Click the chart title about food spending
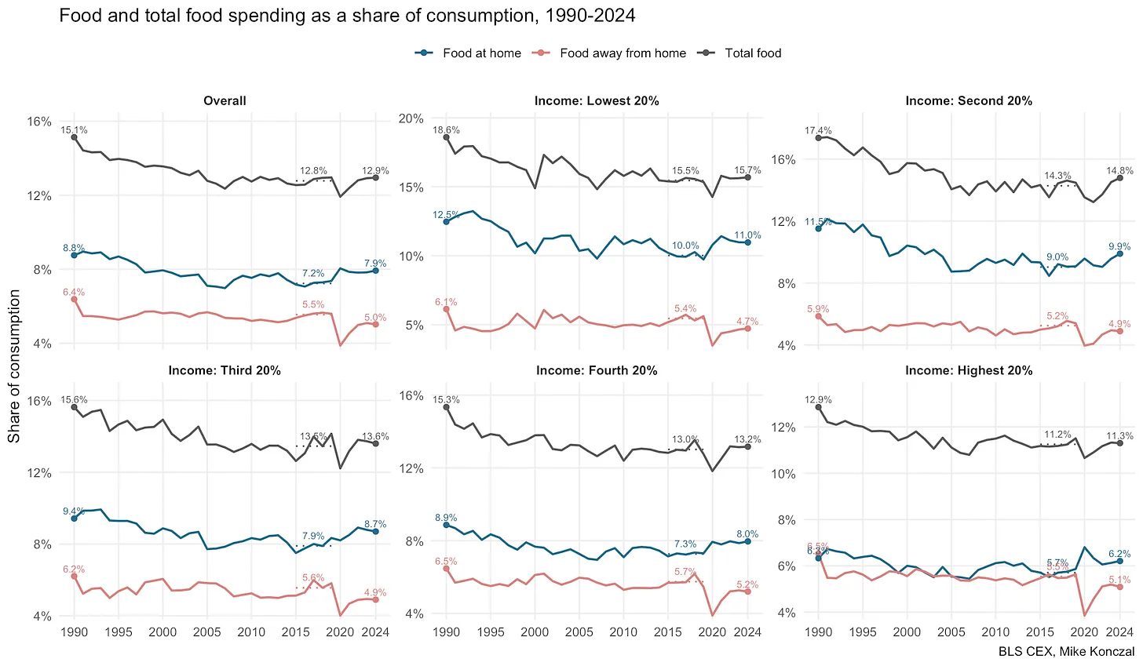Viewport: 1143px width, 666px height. click(347, 15)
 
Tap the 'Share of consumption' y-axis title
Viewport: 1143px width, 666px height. click(14, 366)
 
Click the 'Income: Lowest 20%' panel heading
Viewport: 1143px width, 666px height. click(597, 100)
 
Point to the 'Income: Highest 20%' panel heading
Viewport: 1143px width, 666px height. click(969, 370)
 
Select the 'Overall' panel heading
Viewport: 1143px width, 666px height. click(225, 100)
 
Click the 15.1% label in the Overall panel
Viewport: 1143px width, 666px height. click(75, 130)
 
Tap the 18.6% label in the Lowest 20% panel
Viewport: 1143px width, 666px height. click(446, 130)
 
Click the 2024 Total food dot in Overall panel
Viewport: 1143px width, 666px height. click(376, 178)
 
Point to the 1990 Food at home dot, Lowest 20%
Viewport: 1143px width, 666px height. click(446, 221)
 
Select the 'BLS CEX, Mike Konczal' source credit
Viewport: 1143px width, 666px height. click(1066, 651)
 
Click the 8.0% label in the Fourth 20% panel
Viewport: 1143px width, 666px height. click(747, 534)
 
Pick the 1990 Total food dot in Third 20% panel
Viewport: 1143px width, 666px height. click(74, 407)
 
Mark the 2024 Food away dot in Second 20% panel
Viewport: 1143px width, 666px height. click(1120, 331)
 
